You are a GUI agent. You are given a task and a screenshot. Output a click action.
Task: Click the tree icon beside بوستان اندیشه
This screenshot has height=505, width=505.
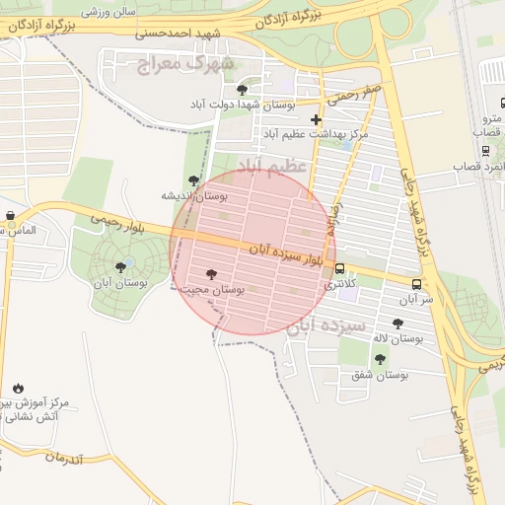[x=193, y=180]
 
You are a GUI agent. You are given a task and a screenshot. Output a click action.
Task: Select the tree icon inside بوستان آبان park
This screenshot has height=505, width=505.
[x=121, y=266]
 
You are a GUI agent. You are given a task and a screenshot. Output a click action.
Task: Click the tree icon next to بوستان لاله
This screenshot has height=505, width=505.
[x=397, y=324]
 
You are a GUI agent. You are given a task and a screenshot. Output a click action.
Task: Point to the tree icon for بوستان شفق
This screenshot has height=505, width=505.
[x=380, y=359]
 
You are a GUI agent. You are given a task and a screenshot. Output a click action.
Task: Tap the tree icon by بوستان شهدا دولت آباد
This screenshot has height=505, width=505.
[x=243, y=90]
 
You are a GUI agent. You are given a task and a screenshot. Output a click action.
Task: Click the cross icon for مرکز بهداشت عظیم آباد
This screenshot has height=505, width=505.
[x=316, y=119]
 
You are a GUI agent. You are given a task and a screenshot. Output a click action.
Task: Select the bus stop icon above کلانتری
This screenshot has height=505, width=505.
[x=340, y=268]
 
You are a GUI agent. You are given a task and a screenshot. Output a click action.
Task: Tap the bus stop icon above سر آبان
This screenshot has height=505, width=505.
[x=417, y=285]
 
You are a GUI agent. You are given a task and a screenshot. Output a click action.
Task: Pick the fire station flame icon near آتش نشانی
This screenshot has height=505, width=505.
[x=18, y=387]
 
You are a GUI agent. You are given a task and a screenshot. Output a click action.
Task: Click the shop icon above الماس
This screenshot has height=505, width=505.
[x=10, y=215]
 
